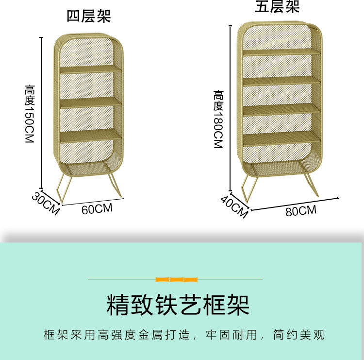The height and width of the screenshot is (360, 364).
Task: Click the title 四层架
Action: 89,16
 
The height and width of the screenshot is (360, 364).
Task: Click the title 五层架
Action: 277,7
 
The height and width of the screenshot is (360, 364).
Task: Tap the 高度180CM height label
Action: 217,119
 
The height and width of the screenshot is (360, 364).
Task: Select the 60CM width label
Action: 97,209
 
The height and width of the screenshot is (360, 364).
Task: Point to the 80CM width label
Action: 301,211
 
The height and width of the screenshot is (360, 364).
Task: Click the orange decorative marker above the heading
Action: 177,279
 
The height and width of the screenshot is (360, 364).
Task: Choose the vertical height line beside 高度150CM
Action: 41,112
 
